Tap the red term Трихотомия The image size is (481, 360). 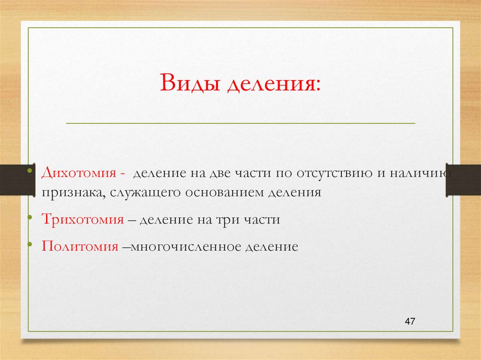point(82,219)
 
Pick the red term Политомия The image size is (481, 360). point(79,246)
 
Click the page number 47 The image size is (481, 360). point(410,322)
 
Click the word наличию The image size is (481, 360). point(419,173)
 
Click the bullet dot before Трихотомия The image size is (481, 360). point(30,217)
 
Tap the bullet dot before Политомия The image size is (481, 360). point(30,244)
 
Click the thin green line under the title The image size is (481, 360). point(240,123)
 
